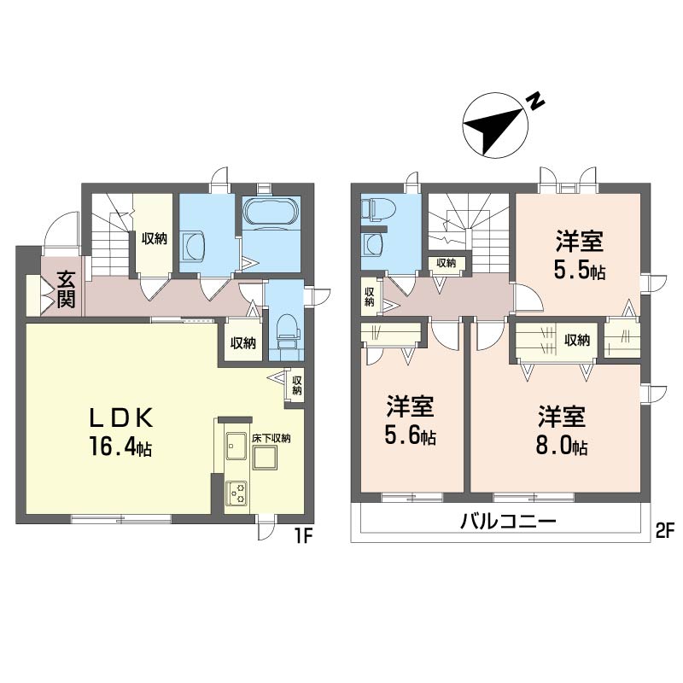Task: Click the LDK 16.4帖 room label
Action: point(120,432)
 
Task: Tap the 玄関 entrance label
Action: point(67,289)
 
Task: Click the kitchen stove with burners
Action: point(236,493)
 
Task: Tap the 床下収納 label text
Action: point(271,438)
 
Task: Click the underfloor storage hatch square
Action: point(265,458)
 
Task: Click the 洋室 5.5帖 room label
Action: point(579,255)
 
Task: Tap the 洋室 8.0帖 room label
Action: point(561,430)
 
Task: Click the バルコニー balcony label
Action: point(508,521)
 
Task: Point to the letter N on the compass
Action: point(536,102)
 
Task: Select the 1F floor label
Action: point(304,536)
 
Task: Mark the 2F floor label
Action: point(664,530)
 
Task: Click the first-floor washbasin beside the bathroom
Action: point(193,247)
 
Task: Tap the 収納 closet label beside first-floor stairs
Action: point(154,239)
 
